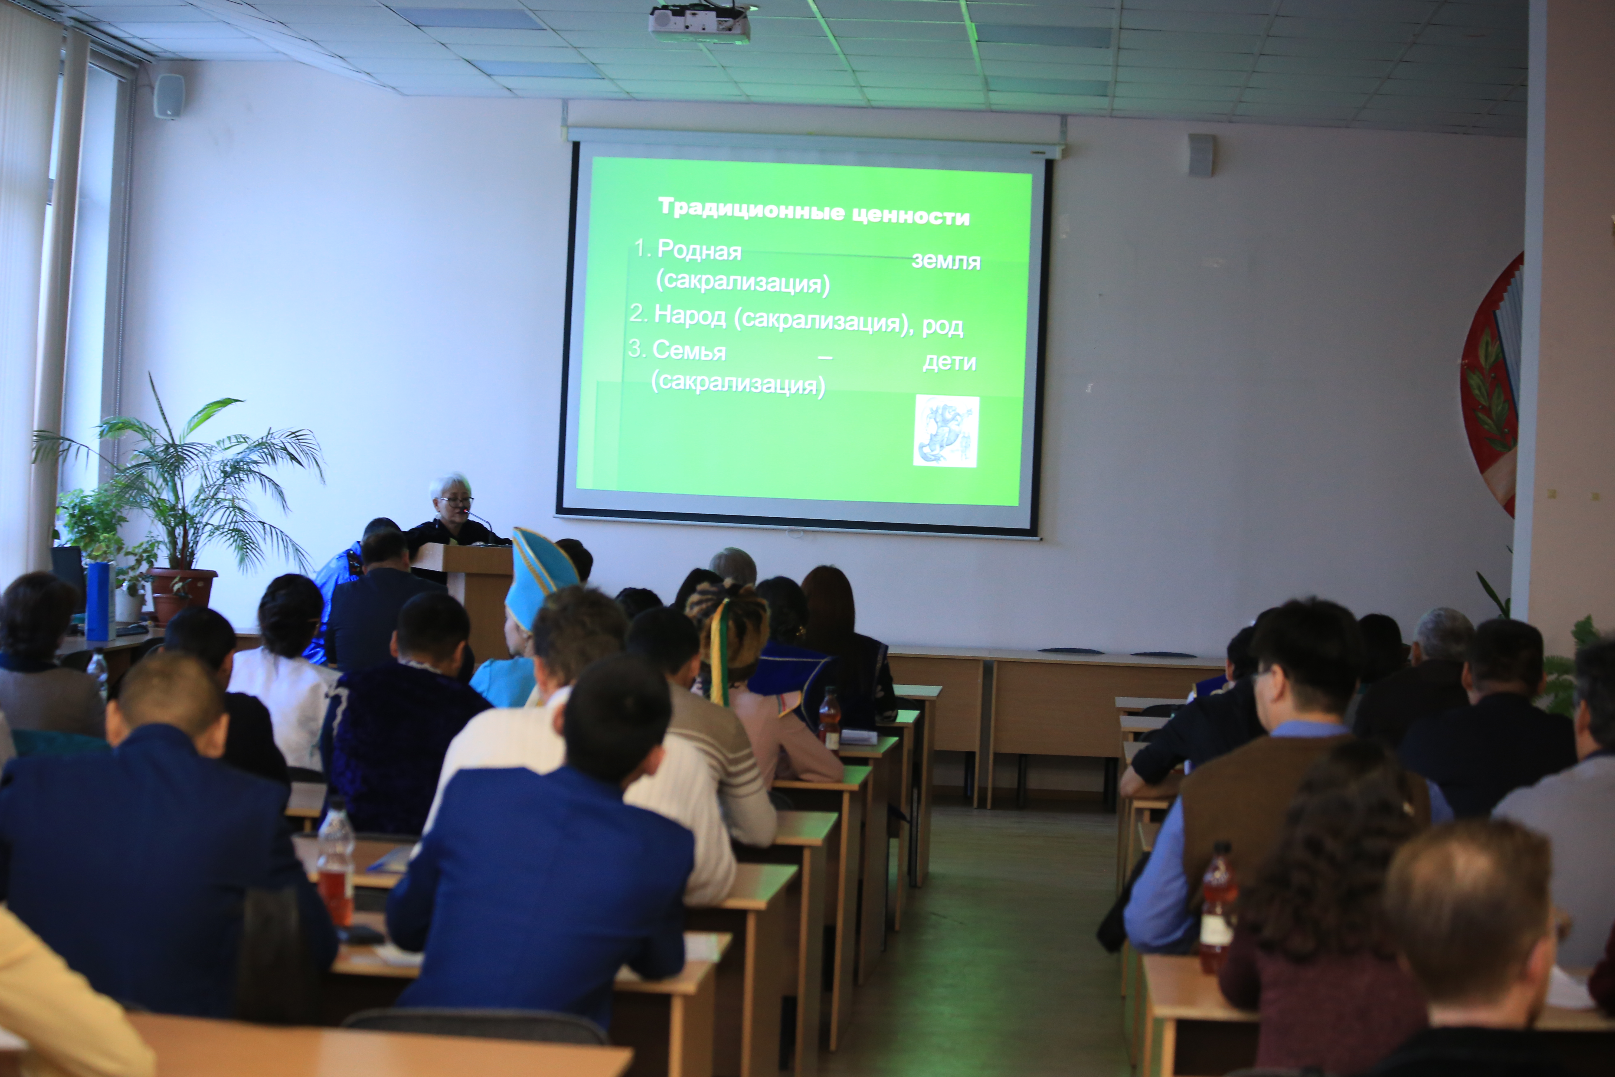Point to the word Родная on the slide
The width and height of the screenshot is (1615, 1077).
(699, 250)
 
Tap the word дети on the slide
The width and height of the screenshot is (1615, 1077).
(949, 361)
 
